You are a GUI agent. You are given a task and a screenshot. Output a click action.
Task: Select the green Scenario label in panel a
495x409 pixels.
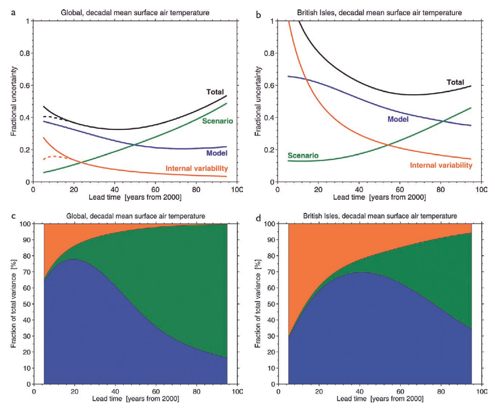217,121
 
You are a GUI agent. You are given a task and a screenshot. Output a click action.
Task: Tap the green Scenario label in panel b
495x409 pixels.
304,155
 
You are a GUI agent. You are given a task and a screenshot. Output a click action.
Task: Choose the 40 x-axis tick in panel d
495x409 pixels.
359,392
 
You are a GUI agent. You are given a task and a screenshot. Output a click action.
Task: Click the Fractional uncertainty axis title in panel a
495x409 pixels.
13,101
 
